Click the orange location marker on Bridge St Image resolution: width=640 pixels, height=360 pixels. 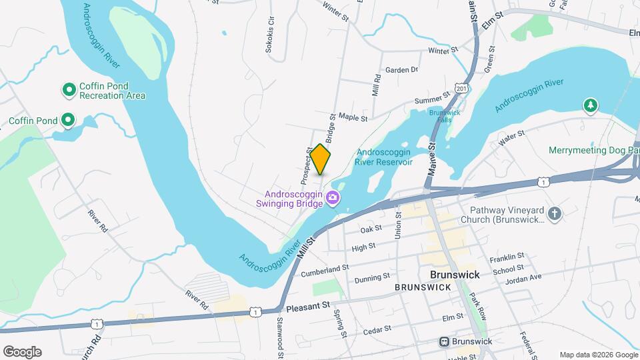click(321, 159)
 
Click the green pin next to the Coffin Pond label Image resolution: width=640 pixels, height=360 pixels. click(68, 121)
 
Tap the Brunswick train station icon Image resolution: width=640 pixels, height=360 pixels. click(444, 341)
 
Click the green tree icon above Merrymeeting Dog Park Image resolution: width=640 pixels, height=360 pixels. click(589, 105)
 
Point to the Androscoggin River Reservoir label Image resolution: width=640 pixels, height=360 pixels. click(385, 157)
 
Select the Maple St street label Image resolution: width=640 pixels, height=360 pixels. click(353, 118)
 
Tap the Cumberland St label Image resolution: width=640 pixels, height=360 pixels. click(325, 271)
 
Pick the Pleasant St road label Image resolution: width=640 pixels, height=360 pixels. click(309, 307)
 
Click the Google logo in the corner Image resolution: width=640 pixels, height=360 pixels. click(22, 352)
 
